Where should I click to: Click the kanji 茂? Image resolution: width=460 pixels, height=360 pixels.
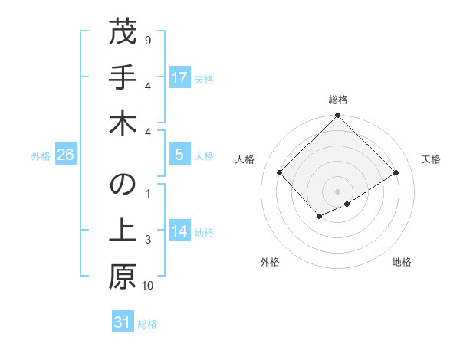[x=123, y=34]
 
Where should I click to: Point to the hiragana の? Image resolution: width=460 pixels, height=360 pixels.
[x=123, y=187]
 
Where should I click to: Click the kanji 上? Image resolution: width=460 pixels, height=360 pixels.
[x=123, y=233]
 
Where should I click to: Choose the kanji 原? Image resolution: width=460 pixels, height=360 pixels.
[x=123, y=279]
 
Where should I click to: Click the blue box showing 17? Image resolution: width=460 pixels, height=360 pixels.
[x=179, y=77]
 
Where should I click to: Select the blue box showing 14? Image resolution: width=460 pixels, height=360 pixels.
[x=179, y=232]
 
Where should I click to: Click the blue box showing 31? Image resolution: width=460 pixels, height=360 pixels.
[x=122, y=322]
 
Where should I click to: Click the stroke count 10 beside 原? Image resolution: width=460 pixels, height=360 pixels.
[x=148, y=286]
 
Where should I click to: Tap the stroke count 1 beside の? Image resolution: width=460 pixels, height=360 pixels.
[x=147, y=193]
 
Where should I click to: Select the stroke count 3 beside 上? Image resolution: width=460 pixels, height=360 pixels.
[x=147, y=241]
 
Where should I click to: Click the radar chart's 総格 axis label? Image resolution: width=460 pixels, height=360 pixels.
[x=338, y=100]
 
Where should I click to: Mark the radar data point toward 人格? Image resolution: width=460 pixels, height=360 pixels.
[x=280, y=172]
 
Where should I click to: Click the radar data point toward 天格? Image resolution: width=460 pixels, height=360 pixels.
[x=396, y=172]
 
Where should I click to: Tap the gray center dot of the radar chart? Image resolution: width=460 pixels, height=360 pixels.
[x=338, y=191]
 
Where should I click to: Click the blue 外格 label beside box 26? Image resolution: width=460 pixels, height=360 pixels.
[x=41, y=156]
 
